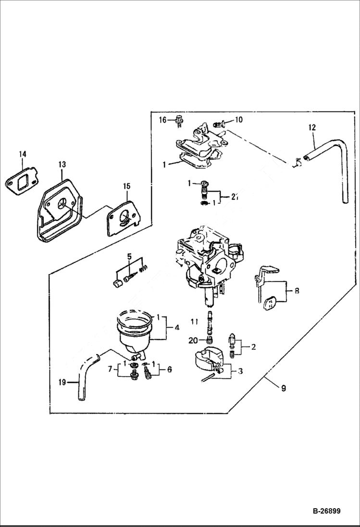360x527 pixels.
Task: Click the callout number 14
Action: tap(22, 154)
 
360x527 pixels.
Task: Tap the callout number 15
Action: tap(126, 185)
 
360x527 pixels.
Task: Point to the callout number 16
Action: tap(162, 120)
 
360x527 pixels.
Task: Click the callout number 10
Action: tap(239, 120)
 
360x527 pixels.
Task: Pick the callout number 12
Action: tap(312, 127)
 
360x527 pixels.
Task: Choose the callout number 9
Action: tap(283, 388)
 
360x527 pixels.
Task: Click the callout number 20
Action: tap(193, 340)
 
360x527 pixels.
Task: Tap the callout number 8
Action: tap(297, 291)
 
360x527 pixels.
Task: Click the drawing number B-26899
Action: tap(324, 511)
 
